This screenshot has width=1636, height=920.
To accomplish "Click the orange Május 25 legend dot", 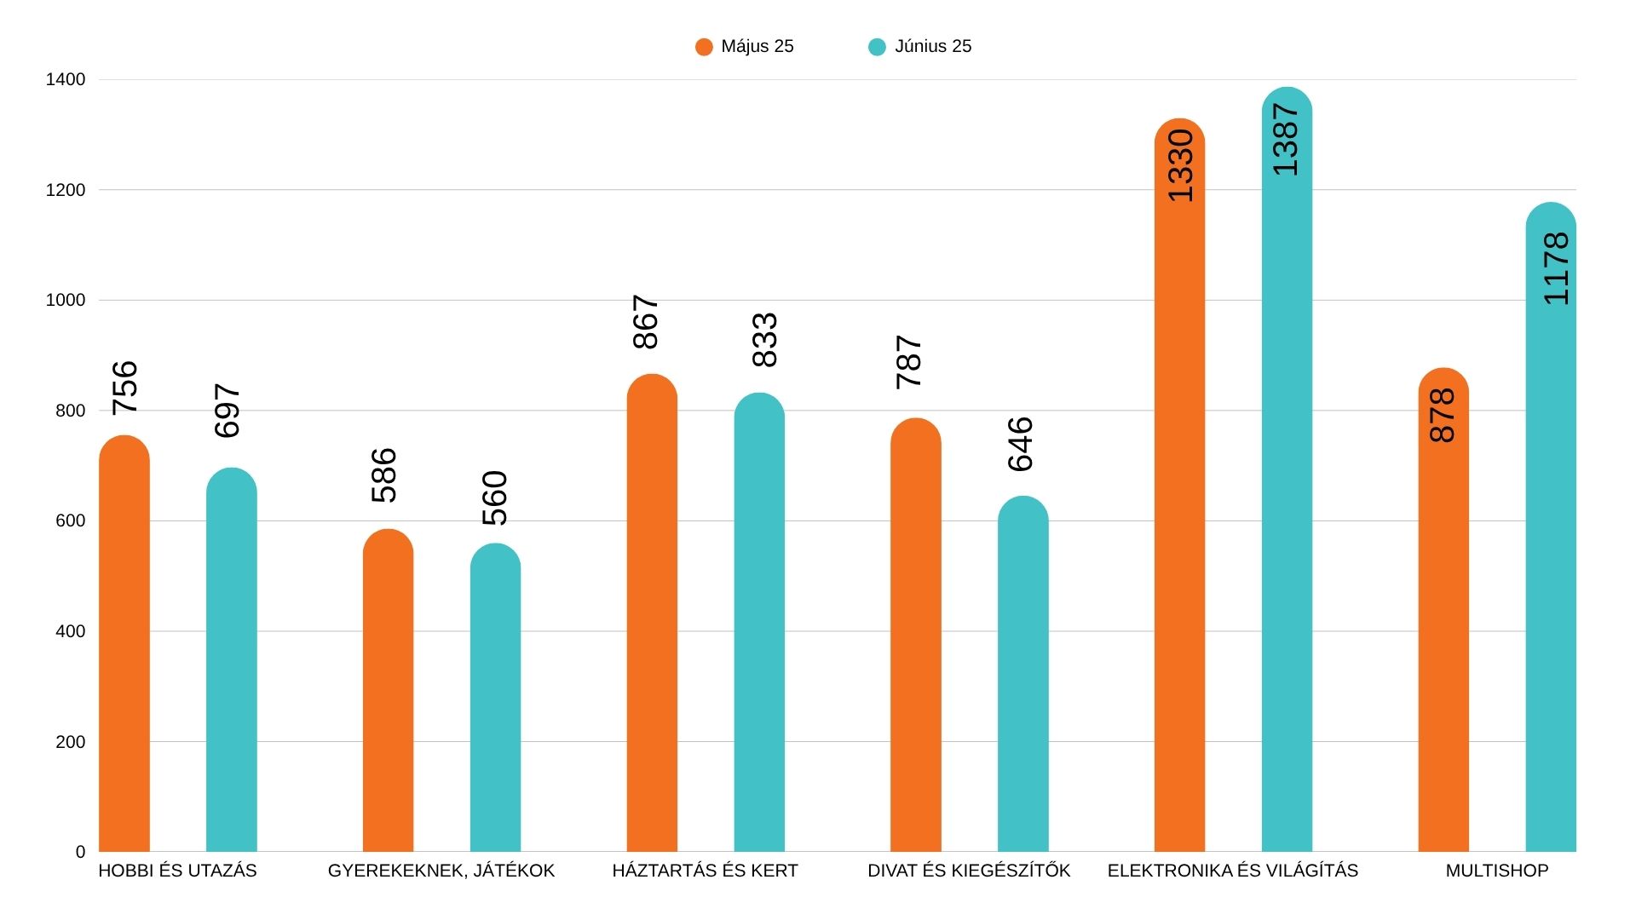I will (704, 47).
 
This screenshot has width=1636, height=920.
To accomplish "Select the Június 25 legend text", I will (932, 47).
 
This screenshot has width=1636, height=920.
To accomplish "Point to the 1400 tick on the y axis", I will (66, 80).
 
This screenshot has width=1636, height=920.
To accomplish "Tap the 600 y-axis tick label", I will (70, 521).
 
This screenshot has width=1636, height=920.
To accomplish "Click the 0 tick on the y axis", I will (81, 852).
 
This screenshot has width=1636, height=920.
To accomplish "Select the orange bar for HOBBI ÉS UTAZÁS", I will (124, 647).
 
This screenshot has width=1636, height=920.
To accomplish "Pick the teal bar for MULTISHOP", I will (1551, 528).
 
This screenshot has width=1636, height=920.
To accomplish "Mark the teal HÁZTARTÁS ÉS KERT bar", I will (759, 622).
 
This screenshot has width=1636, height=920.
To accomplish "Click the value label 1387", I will (1285, 140).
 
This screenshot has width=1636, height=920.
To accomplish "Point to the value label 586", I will (384, 475).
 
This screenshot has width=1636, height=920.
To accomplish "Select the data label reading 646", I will (1020, 445).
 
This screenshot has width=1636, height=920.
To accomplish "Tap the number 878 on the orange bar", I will (1443, 416).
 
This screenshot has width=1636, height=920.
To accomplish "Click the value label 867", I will (647, 322).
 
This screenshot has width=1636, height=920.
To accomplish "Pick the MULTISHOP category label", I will (1496, 871).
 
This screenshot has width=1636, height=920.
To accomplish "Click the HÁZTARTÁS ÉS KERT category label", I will (705, 871).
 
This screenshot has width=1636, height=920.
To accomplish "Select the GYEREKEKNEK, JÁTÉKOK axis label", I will (441, 871).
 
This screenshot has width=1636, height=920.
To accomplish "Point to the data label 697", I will (228, 411).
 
